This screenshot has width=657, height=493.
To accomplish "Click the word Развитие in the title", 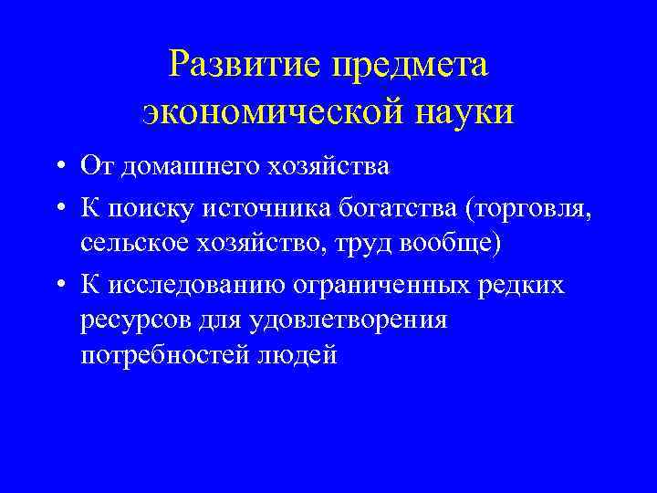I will [245, 65].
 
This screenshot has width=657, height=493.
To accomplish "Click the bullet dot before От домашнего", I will [57, 167].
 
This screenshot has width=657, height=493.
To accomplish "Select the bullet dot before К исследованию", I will [57, 286].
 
